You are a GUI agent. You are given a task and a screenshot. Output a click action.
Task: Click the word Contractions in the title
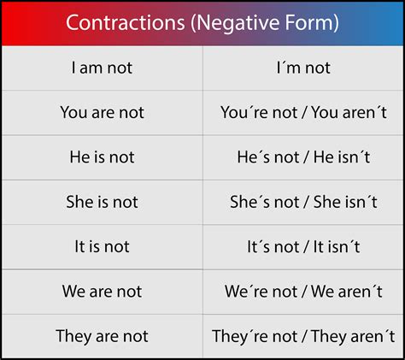118,22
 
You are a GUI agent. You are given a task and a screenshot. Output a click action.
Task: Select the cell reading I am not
102,68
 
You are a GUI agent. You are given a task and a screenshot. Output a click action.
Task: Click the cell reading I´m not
303,68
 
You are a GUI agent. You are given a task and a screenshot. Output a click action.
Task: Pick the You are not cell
102,112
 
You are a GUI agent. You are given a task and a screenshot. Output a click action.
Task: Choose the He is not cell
102,157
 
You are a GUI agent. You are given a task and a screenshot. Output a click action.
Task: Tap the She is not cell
102,202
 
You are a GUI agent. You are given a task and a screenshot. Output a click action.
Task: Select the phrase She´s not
263,202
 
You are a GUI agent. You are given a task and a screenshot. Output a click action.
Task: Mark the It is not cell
102,246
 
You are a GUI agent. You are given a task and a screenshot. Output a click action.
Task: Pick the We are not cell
102,292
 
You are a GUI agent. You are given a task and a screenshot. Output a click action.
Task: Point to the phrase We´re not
260,292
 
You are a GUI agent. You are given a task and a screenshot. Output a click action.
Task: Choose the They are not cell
102,336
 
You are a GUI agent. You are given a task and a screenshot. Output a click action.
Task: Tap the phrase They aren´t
350,336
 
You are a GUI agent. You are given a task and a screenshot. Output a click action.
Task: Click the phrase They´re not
254,336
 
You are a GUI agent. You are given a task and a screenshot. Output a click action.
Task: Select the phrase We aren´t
347,292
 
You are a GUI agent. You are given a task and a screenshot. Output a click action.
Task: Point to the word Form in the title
310,22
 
